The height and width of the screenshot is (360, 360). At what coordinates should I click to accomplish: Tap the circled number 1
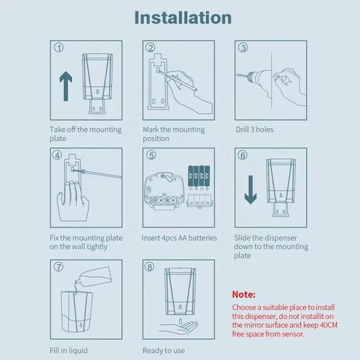pyautogui.click(x=59, y=49)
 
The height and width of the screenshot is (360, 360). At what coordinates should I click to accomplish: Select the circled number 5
pyautogui.click(x=151, y=154)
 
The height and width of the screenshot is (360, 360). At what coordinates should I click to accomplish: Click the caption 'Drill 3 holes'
pyautogui.click(x=253, y=130)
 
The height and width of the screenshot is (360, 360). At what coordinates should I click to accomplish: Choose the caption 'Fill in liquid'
pyautogui.click(x=71, y=351)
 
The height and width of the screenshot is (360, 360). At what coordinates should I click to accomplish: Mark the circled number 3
pyautogui.click(x=243, y=49)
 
